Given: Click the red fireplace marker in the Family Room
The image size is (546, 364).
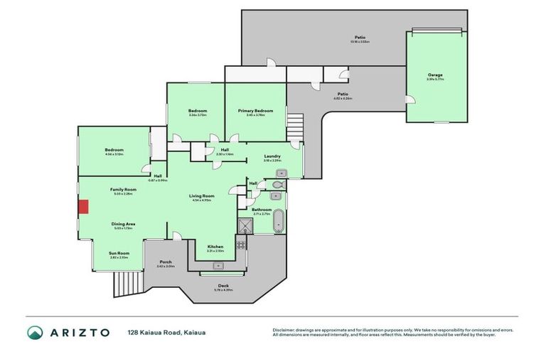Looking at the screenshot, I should tap(83, 207).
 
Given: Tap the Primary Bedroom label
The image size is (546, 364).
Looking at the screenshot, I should tap(255, 111).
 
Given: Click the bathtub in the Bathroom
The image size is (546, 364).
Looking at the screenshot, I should tap(279, 220).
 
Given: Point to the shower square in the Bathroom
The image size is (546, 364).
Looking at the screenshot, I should tap(245, 225).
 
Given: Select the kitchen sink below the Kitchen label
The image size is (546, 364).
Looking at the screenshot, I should tap(219, 264).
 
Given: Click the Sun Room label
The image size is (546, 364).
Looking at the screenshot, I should tap(119, 253).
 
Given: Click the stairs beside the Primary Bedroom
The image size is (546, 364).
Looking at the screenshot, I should tap(294, 127).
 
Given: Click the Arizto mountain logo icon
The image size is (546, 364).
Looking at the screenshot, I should tap(35, 333).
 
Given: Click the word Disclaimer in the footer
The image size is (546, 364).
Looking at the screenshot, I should tap(284, 330).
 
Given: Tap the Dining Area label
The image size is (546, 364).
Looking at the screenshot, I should tap(123, 224).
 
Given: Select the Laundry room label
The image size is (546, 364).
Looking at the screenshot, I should tap(272, 156).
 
